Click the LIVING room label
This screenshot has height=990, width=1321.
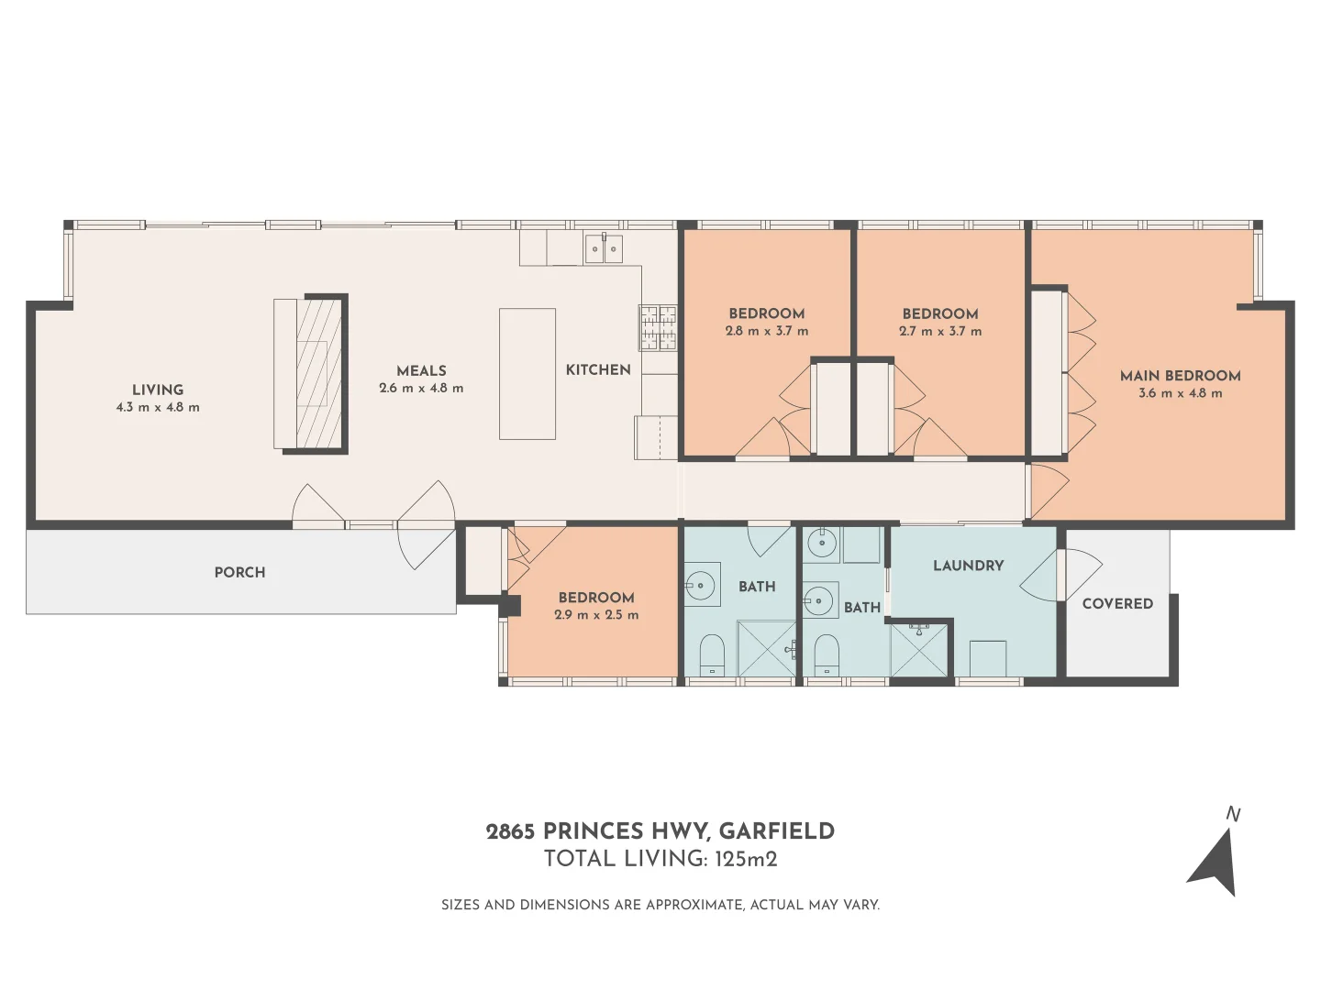[x=158, y=390]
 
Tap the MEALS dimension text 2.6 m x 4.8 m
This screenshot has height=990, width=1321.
[x=421, y=389]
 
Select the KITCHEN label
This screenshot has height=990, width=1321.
[x=598, y=369]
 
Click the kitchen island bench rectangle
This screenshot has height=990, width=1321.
[x=527, y=374]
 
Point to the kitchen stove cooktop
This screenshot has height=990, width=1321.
[x=658, y=327]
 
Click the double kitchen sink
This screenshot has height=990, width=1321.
[x=604, y=249]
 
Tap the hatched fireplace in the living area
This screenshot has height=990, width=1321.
[x=319, y=374]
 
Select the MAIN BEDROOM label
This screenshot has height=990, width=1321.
[x=1180, y=376]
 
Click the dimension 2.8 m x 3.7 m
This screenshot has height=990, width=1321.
[x=767, y=331]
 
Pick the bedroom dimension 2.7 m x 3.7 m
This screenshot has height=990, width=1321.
[x=940, y=331]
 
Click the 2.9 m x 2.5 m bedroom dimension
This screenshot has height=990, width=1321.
[x=596, y=615]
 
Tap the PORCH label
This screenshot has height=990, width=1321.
[x=239, y=572]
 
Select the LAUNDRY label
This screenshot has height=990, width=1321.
[x=968, y=566]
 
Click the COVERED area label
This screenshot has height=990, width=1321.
[x=1117, y=603]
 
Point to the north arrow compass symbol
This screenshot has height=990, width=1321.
[x=1216, y=860]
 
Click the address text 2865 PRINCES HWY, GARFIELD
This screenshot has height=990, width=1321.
[x=660, y=831]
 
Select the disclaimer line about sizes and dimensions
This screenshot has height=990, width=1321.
[x=660, y=905]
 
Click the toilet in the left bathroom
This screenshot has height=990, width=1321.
[x=712, y=655]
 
